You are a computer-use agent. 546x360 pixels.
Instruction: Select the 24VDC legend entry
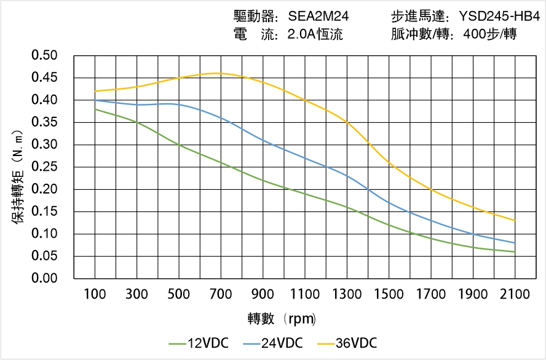(273, 343)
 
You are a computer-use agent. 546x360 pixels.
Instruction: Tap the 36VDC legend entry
(347, 343)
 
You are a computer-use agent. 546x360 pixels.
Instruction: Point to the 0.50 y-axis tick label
(44, 56)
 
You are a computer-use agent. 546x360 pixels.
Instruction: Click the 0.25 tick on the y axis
(44, 167)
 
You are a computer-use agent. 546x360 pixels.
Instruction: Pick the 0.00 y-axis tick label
(44, 279)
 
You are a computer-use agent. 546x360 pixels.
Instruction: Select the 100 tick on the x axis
(95, 295)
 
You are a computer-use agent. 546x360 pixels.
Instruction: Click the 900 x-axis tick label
(263, 295)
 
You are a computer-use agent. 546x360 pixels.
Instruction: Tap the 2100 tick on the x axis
(515, 295)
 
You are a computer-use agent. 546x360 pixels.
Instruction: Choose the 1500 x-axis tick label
(389, 295)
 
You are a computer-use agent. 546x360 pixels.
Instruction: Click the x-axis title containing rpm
(282, 319)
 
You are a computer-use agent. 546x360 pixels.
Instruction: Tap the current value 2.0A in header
(301, 34)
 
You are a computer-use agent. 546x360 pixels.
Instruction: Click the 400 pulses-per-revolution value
(470, 34)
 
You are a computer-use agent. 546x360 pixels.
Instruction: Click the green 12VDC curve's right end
(515, 252)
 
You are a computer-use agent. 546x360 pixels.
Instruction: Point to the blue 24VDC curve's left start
(95, 100)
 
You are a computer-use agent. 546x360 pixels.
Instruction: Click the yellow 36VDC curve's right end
(515, 221)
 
